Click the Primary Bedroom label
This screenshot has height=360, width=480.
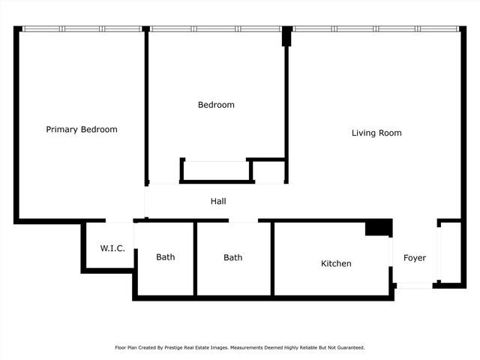tap(82, 130)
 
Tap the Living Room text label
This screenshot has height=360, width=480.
tap(376, 133)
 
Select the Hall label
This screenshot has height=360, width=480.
tap(218, 202)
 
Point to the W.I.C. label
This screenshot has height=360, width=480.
tap(112, 249)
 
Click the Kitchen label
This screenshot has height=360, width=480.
tap(336, 264)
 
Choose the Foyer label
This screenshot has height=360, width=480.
tap(415, 258)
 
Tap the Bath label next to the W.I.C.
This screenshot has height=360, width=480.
tap(166, 257)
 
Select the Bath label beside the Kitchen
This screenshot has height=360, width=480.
tap(233, 258)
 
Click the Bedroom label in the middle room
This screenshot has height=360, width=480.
tap(216, 105)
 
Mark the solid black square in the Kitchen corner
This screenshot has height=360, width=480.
tap(379, 228)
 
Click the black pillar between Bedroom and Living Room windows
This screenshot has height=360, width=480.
tap(286, 37)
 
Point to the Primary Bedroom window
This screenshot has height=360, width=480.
tap(82, 29)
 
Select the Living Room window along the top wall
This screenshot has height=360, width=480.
tap(375, 29)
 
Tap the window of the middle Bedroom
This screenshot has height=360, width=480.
tap(216, 29)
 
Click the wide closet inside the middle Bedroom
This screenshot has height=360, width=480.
tap(215, 170)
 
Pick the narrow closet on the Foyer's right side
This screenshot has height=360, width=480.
tap(449, 253)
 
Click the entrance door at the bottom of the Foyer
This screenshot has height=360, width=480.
tap(414, 286)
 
